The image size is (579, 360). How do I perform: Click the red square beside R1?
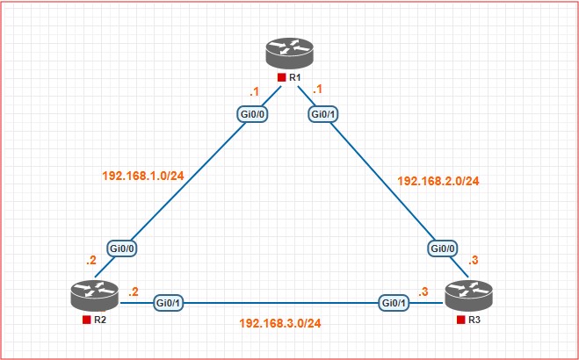pyautogui.click(x=280, y=78)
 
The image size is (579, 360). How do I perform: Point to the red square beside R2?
pyautogui.click(x=86, y=320)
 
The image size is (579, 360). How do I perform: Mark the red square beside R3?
pyautogui.click(x=460, y=320)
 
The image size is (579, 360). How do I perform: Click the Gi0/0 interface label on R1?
pyautogui.click(x=253, y=113)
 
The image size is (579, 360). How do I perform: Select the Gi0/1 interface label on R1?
pyautogui.click(x=323, y=113)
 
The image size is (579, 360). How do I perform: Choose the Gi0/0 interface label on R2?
pyautogui.click(x=122, y=248)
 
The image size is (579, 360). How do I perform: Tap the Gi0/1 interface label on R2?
pyautogui.click(x=169, y=303)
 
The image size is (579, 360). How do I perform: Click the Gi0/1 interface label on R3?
pyautogui.click(x=394, y=303)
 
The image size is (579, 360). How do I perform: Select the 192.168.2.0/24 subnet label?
pyautogui.click(x=438, y=181)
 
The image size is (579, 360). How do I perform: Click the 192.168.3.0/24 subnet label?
pyautogui.click(x=280, y=323)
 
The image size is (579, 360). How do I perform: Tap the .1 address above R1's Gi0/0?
pyautogui.click(x=254, y=90)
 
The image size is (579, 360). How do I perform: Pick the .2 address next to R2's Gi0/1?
pyautogui.click(x=133, y=292)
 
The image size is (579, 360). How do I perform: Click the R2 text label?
pyautogui.click(x=102, y=320)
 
